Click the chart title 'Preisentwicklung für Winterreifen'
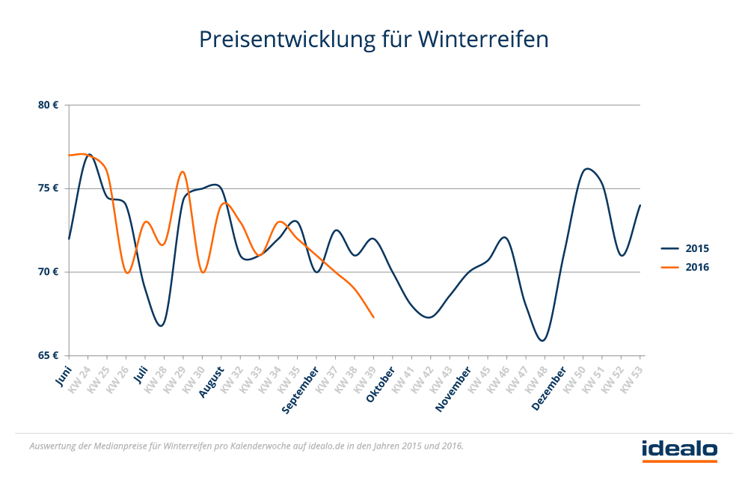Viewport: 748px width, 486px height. pos(374,39)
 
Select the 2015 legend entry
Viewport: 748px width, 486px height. pos(696,248)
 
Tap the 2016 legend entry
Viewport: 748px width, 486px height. pos(696,267)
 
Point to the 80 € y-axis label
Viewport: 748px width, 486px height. pos(49,105)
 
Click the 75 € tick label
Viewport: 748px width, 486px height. pos(49,188)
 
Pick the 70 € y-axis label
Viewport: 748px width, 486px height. pos(49,271)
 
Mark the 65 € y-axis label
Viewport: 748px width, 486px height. pos(49,355)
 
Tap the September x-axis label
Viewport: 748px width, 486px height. pos(301,387)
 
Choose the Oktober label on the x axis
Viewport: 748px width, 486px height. pos(381,384)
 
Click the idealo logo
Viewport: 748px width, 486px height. pos(679,449)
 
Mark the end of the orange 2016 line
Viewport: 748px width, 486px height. pos(373,317)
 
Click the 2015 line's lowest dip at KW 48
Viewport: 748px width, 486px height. pos(543,340)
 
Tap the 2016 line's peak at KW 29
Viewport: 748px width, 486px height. pos(183,172)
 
